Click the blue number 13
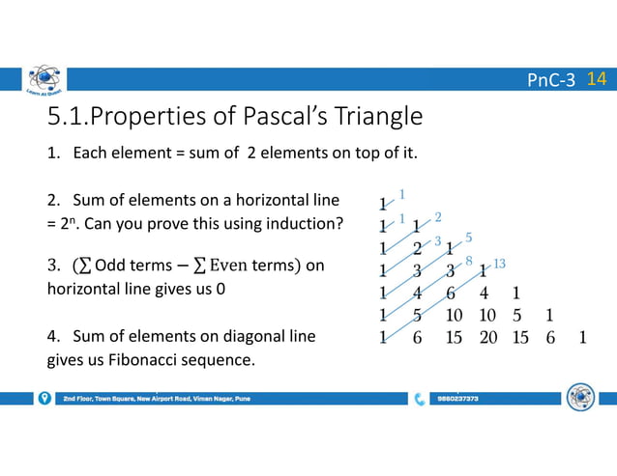(499, 264)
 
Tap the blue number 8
(468, 260)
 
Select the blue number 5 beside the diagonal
(468, 237)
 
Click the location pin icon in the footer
(44, 398)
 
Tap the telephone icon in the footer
(419, 398)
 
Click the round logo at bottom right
(580, 397)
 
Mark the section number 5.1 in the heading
(64, 117)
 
